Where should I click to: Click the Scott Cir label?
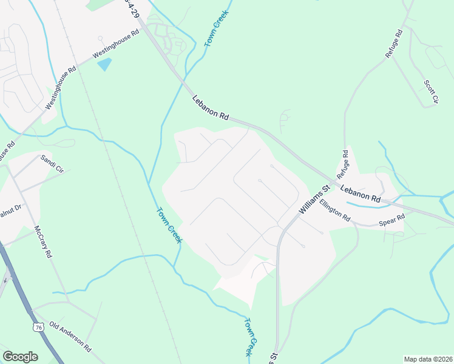coord(430,91)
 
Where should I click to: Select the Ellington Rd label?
coord(335,210)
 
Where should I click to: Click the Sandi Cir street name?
coord(52,164)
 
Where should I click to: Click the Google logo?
coord(20,357)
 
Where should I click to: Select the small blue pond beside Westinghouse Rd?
coord(105,63)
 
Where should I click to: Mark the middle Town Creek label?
coord(169,226)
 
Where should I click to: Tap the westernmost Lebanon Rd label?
coord(210,108)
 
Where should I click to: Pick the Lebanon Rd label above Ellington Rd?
coord(360,194)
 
